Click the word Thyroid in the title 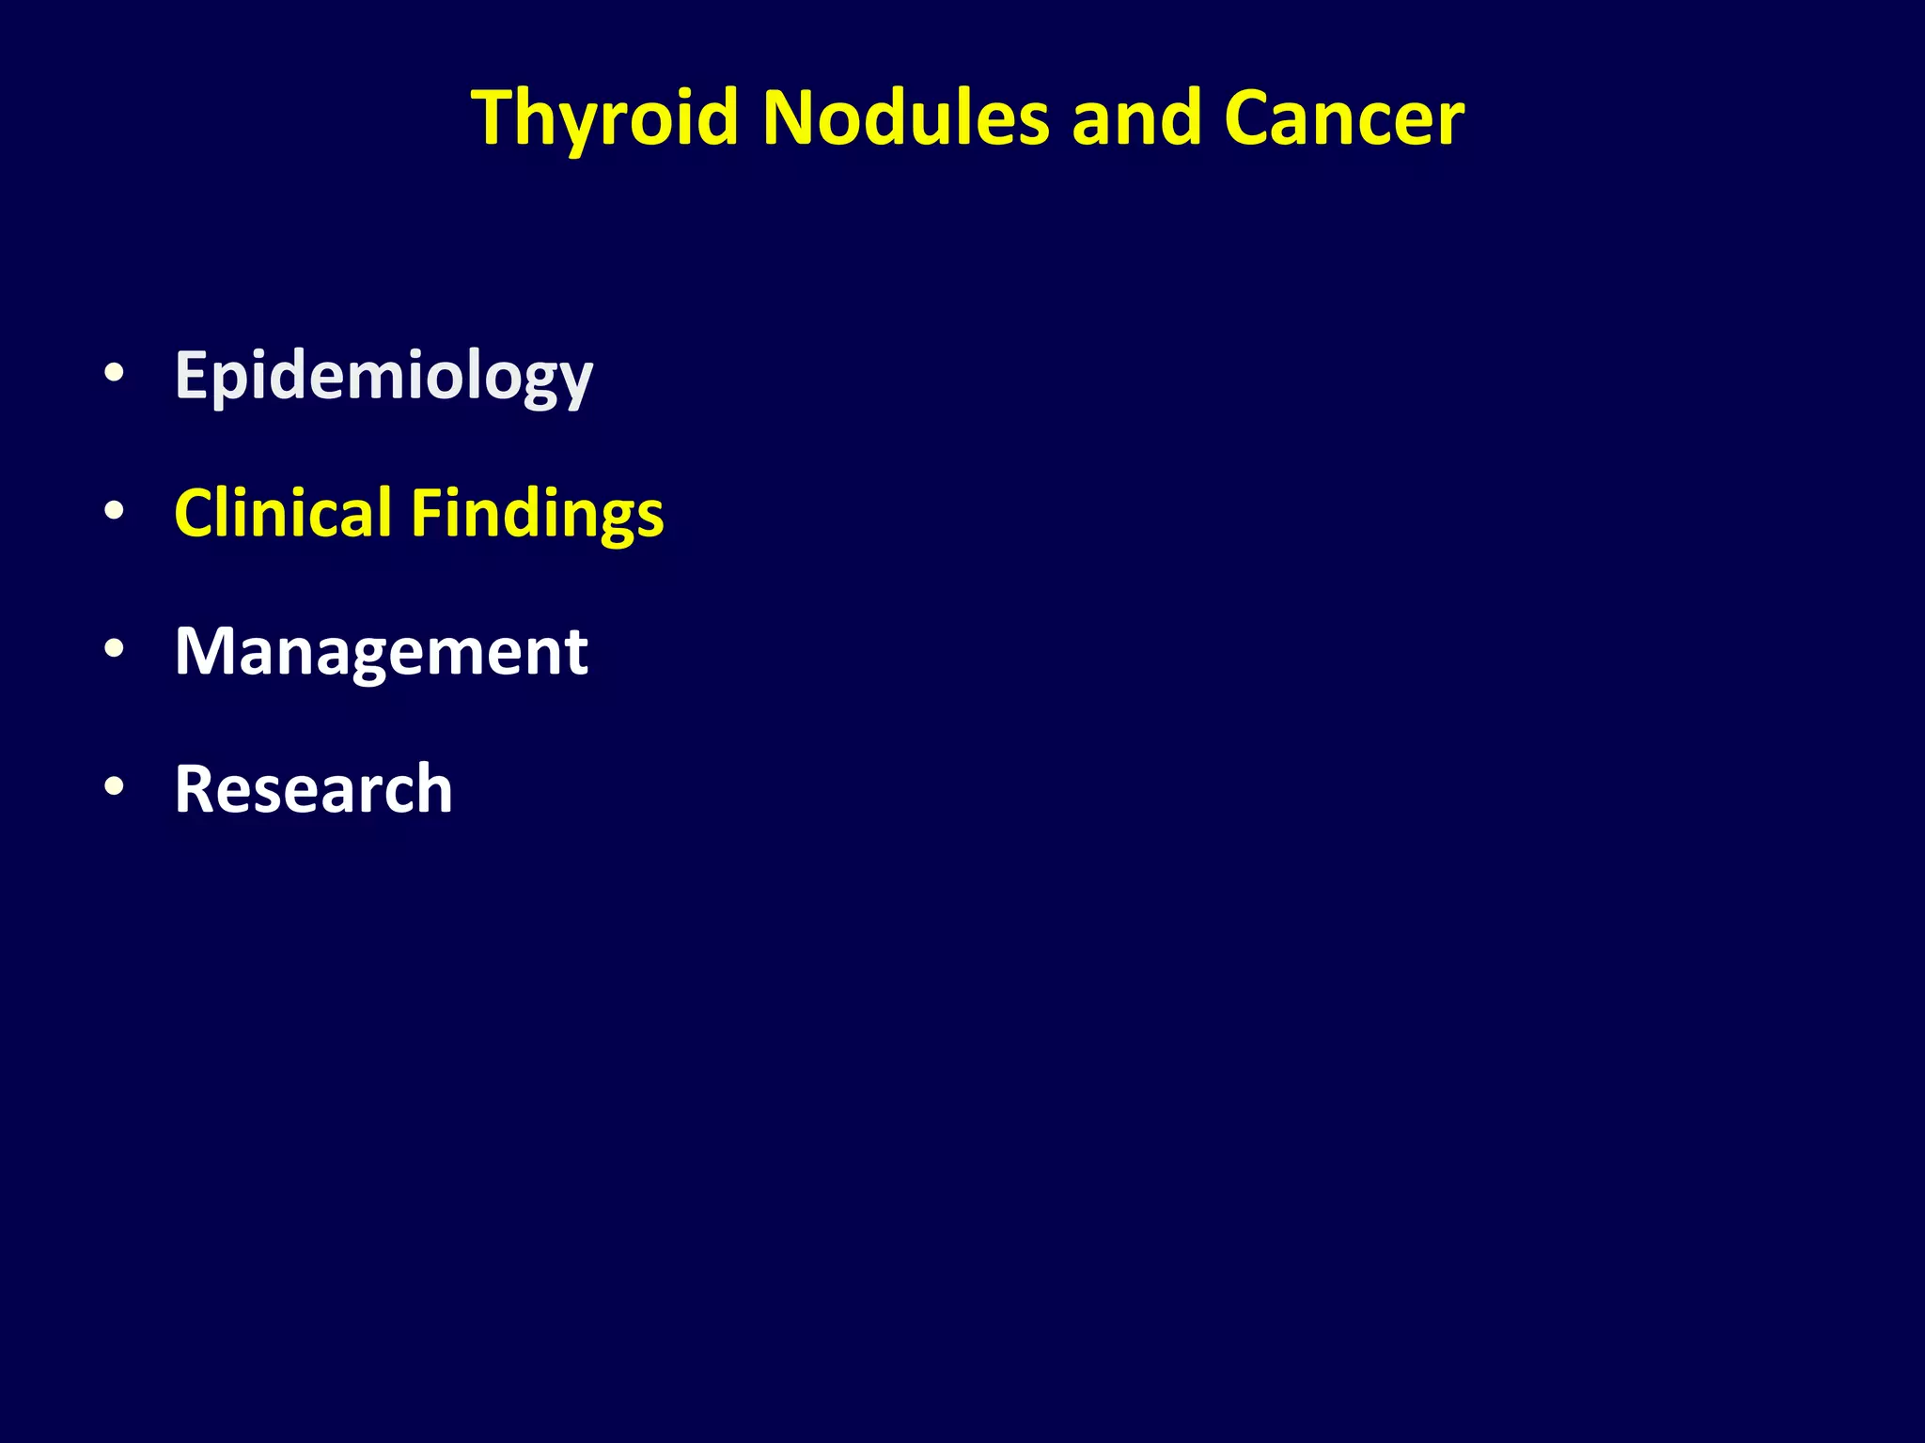click(x=605, y=119)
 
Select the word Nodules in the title click(x=905, y=119)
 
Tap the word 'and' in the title click(x=1136, y=119)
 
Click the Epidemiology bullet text click(x=383, y=377)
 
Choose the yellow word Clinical click(x=283, y=513)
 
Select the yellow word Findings click(x=538, y=515)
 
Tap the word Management click(x=381, y=651)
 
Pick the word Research click(x=313, y=789)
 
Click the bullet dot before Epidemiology click(x=114, y=373)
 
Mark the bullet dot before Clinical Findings click(x=114, y=511)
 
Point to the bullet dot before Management click(x=114, y=648)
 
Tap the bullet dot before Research click(x=114, y=786)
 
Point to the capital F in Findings click(x=427, y=513)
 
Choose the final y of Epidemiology click(x=574, y=382)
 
